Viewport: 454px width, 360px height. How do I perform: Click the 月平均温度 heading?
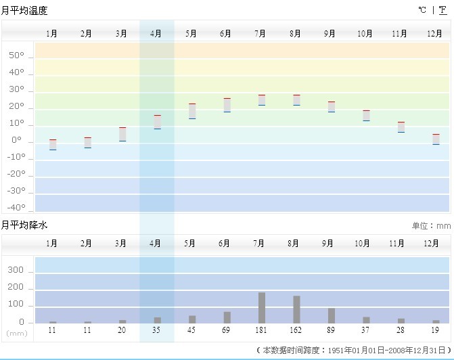24,11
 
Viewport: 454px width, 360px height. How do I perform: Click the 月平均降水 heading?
24,225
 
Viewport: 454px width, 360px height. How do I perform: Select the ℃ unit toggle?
422,10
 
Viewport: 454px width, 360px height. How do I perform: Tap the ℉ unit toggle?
442,10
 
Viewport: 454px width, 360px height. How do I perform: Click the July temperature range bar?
261,100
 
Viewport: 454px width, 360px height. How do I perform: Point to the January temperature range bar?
53,144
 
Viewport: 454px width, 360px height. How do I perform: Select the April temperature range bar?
157,122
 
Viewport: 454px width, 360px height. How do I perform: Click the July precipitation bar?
261,307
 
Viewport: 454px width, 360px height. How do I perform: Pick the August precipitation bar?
296,309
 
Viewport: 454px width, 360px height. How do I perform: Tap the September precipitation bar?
331,315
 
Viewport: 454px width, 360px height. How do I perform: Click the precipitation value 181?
260,330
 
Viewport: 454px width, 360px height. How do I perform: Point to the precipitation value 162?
296,330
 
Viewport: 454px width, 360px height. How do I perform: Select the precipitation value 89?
331,330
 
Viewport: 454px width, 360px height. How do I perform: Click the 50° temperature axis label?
16,55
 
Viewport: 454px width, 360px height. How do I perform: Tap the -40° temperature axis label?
16,208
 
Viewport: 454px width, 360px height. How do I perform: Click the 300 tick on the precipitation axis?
16,271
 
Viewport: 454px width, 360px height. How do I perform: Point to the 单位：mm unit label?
431,226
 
